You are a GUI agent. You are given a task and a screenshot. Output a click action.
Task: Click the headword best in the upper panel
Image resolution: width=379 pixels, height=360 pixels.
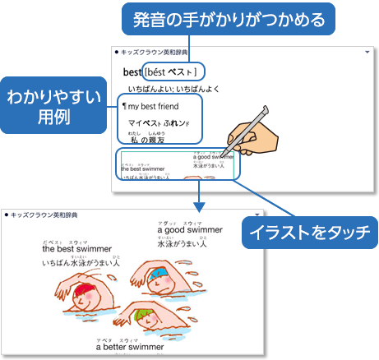point(132,72)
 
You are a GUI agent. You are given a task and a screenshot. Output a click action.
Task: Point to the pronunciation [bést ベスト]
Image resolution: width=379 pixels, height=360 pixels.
point(173,72)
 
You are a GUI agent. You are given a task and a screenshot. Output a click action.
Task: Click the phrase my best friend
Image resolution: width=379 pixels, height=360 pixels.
point(155,107)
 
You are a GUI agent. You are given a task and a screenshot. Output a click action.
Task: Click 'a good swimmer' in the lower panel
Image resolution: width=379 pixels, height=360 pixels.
point(189,231)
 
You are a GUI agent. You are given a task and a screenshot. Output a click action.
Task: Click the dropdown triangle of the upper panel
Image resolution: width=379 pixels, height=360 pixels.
point(366,51)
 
